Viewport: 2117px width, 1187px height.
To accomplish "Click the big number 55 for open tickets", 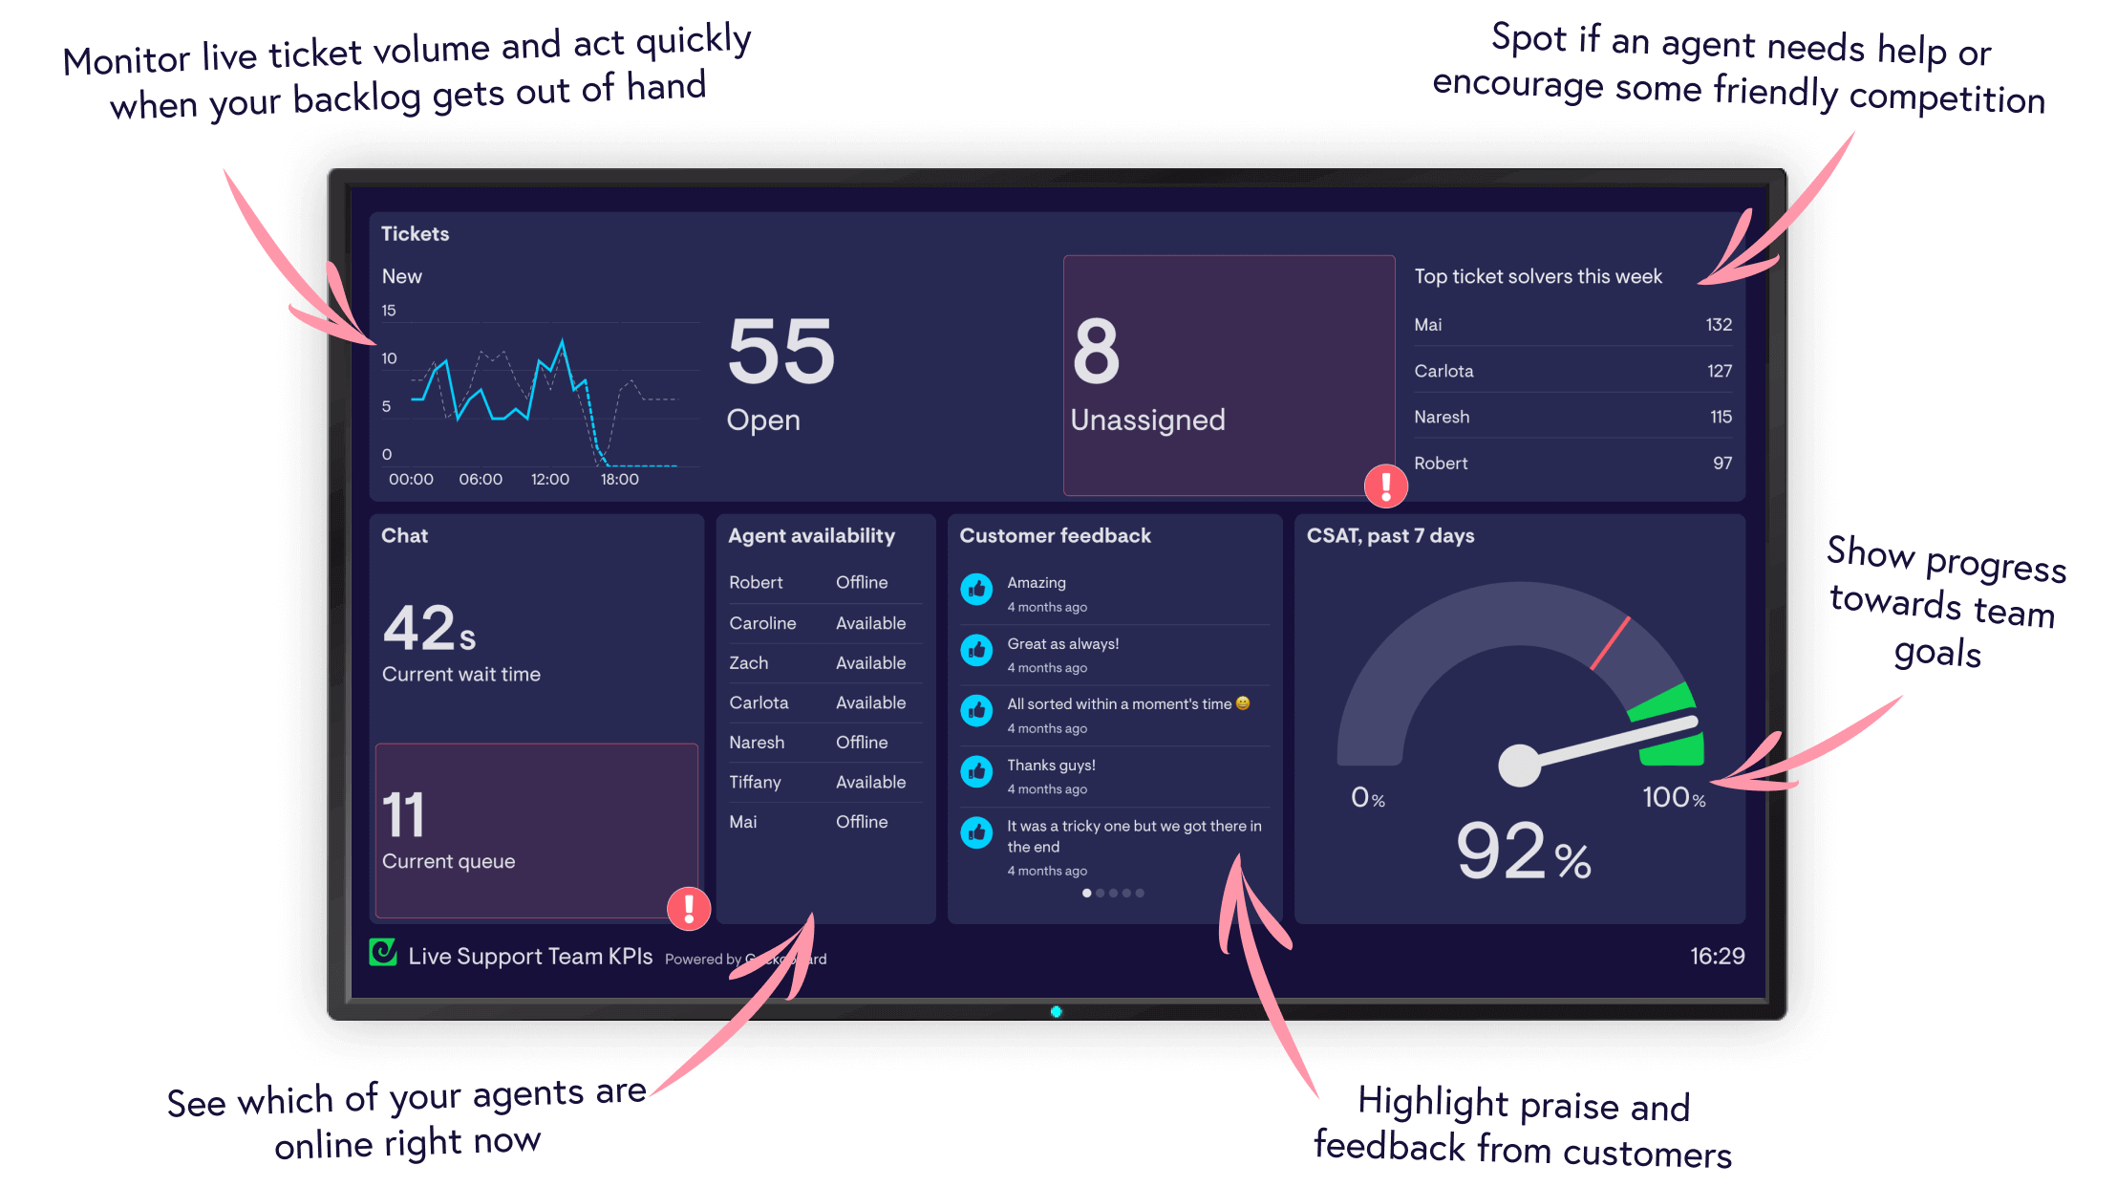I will pos(781,352).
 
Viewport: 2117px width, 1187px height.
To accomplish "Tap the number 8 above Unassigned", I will pos(1096,352).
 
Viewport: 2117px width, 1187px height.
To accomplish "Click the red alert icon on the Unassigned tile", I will pos(1385,486).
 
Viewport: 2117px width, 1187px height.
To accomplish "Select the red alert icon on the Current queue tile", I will pos(688,908).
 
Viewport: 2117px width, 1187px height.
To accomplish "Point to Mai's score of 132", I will pos(1718,325).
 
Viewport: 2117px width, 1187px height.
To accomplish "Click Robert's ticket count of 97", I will pos(1721,464).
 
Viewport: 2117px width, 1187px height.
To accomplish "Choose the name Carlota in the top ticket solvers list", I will pos(1443,371).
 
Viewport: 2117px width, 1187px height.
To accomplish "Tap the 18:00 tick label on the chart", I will pos(619,480).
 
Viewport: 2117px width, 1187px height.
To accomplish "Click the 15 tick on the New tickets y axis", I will pos(389,311).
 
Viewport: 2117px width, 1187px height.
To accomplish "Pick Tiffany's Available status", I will pos(870,782).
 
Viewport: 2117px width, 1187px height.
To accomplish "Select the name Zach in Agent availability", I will pos(748,663).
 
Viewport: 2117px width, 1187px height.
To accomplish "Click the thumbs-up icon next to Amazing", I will pos(976,590).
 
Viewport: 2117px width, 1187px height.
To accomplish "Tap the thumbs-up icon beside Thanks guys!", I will pos(976,771).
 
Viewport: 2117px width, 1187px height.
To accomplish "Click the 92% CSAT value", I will pos(1523,852).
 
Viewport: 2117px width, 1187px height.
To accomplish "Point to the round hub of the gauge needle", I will pos(1519,765).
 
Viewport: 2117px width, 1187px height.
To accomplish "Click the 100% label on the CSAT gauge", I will pos(1673,798).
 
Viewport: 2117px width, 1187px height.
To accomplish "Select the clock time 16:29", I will pos(1717,956).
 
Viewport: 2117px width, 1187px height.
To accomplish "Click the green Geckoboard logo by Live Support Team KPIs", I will pos(383,952).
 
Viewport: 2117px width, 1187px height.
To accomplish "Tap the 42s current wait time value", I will pos(429,629).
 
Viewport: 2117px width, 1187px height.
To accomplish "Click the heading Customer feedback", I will pos(1055,536).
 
